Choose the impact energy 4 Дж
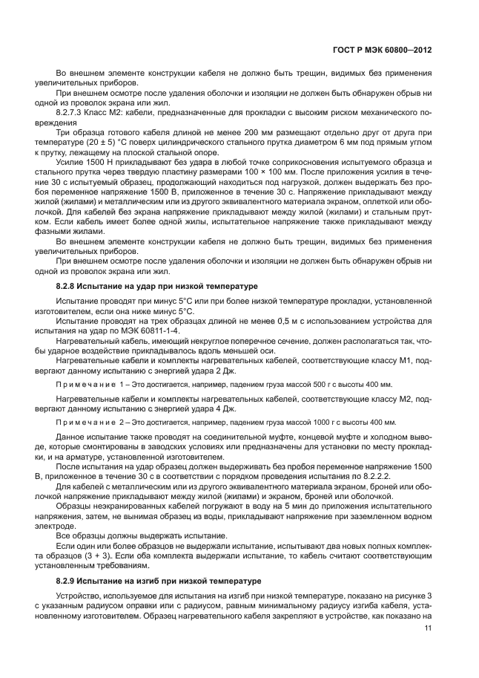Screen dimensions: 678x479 click(228, 408)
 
